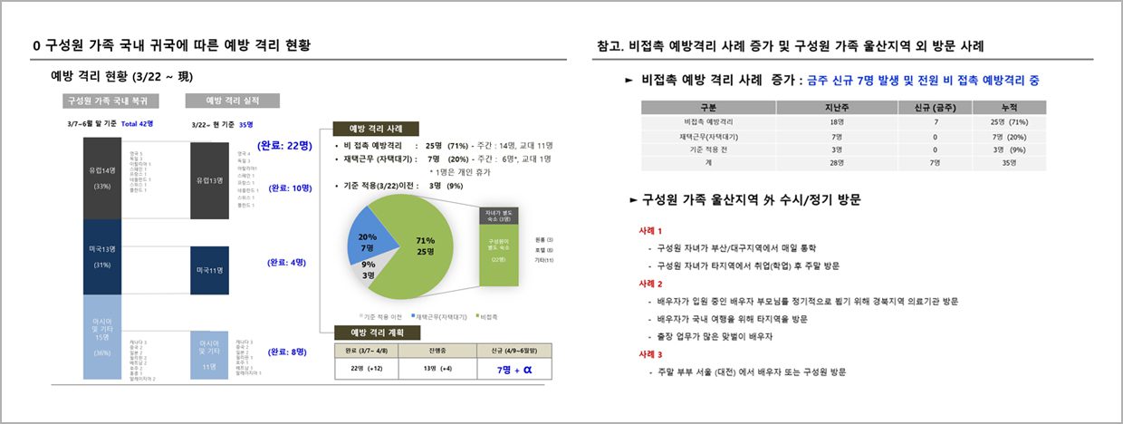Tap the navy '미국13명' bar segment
click(101, 256)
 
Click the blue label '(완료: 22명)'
click(284, 146)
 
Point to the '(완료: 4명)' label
click(288, 262)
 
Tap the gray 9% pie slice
click(370, 270)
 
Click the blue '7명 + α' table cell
click(514, 370)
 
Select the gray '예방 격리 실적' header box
click(232, 100)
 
